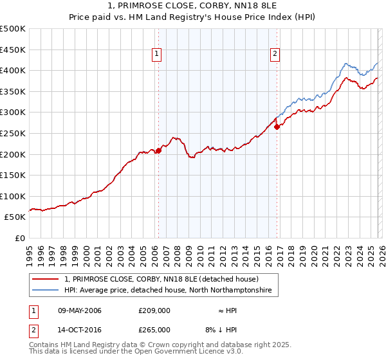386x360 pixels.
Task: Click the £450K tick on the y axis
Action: (13, 50)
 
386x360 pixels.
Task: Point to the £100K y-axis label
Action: (13, 196)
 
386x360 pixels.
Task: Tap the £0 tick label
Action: (19, 238)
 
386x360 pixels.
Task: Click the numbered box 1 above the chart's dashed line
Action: (158, 55)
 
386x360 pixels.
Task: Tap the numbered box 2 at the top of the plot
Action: (275, 55)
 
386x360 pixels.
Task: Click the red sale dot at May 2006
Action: (158, 150)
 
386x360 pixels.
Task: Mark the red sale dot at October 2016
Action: (277, 127)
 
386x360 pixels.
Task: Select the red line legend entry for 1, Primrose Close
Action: (161, 280)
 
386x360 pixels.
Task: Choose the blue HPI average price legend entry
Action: (168, 291)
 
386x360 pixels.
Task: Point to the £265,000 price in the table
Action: (154, 330)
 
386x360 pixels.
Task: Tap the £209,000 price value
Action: (154, 311)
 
